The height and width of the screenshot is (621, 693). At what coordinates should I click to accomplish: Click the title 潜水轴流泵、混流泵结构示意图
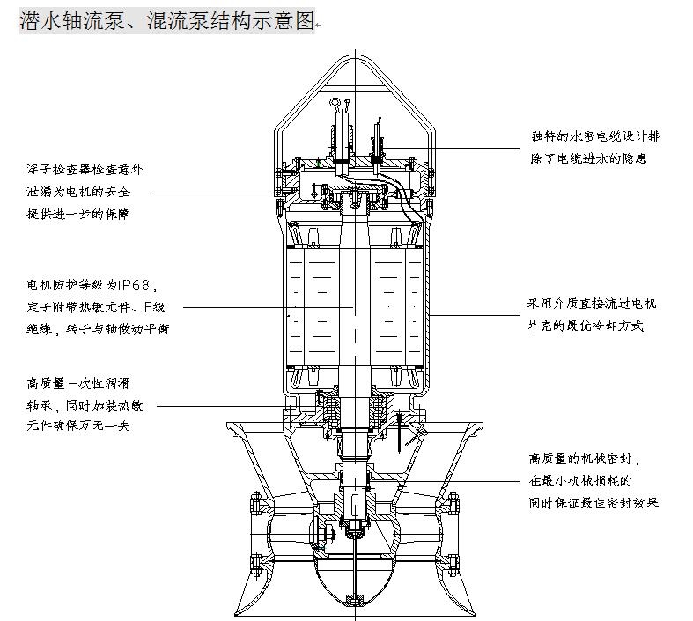point(166,21)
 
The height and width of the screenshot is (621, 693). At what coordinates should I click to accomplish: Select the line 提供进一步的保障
point(79,214)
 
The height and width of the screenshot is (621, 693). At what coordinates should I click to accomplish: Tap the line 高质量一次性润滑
point(78,384)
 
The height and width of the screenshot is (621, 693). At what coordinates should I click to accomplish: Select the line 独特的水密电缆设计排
point(593,137)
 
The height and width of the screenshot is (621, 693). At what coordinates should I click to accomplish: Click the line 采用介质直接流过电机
point(592,304)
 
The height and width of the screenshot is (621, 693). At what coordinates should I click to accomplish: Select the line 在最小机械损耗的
point(581,481)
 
